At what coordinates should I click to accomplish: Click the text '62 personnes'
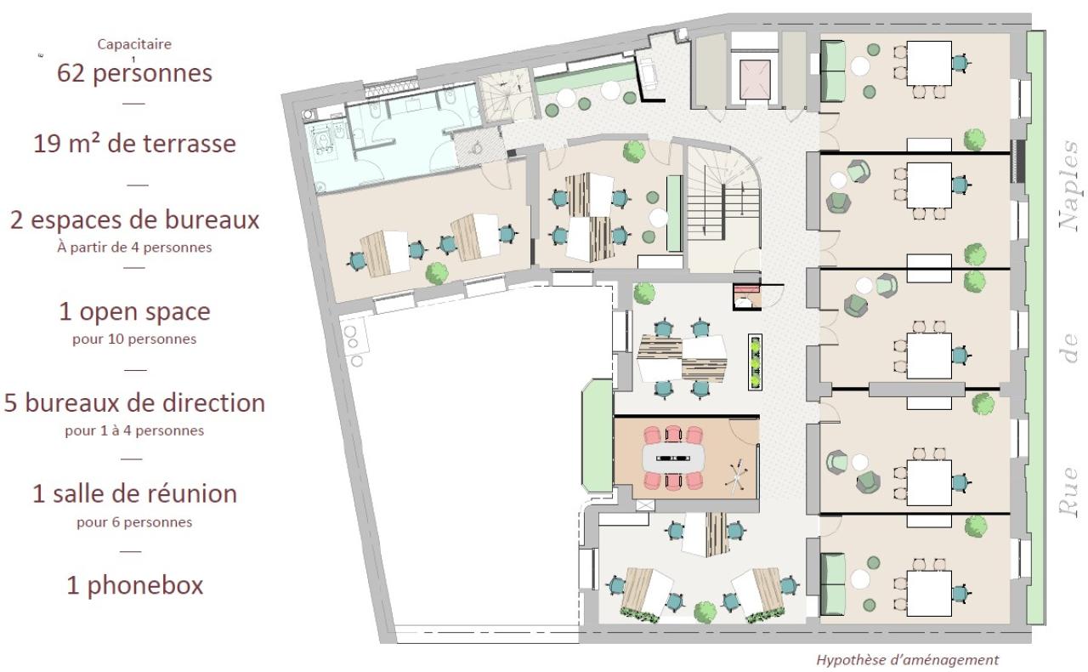(134, 73)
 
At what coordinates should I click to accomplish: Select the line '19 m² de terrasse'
(134, 144)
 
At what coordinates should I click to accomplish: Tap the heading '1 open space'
(134, 312)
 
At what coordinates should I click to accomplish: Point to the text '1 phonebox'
(134, 585)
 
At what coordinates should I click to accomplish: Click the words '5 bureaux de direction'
(134, 402)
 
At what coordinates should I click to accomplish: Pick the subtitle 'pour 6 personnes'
(134, 521)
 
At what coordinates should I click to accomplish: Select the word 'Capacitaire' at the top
(134, 44)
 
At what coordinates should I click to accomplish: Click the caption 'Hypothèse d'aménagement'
(908, 659)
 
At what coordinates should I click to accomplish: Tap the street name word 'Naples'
(1070, 186)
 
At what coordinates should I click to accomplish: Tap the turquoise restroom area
(382, 140)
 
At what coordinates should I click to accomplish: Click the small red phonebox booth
(744, 297)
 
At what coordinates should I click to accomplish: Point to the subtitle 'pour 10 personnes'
(134, 339)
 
